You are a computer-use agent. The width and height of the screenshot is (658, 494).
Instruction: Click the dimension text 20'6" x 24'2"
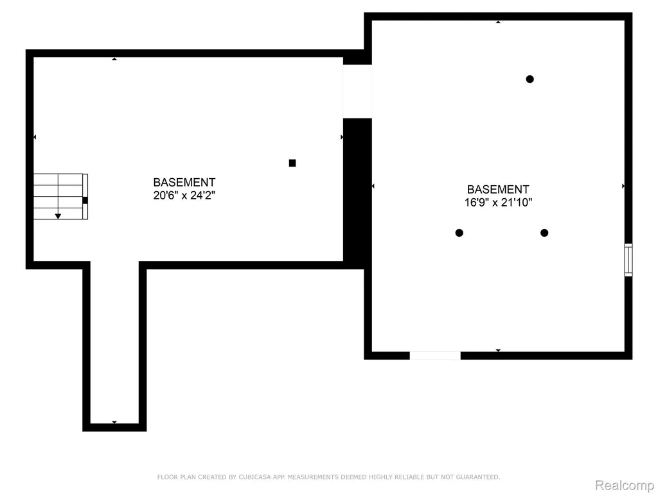coord(184,196)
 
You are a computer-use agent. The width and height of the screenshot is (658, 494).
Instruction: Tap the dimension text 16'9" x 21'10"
coord(498,203)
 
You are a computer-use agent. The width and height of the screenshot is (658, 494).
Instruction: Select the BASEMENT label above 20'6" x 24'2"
coord(184,182)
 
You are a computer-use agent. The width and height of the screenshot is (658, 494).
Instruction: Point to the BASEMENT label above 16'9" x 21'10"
coord(498,190)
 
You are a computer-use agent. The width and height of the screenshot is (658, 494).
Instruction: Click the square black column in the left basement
coord(292,163)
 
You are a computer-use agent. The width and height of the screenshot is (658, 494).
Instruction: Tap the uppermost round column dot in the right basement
coord(530,79)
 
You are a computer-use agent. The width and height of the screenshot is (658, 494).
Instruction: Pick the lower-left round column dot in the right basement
coord(459,233)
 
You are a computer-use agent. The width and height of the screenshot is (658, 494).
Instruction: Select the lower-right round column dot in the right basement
coord(544,233)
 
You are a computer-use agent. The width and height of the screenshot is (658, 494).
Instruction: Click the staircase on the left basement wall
coord(60,197)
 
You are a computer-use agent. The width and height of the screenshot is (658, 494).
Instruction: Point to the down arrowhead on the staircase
coord(58,216)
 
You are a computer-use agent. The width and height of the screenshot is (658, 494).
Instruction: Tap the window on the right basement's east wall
coord(628,260)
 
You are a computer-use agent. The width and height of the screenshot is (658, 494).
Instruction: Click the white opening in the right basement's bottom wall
coord(435,355)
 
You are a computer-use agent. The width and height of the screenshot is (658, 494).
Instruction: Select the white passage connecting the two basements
coord(357,91)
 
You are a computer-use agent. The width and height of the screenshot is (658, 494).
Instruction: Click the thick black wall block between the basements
coord(357,190)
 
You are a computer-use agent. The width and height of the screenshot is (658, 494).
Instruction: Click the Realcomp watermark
coord(625,485)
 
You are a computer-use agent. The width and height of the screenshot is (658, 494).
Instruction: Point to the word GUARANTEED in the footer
coord(478,477)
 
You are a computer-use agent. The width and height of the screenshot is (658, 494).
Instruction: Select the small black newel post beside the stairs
coord(85,201)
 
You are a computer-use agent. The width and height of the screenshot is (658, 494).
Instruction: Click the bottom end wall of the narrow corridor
coord(114,427)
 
